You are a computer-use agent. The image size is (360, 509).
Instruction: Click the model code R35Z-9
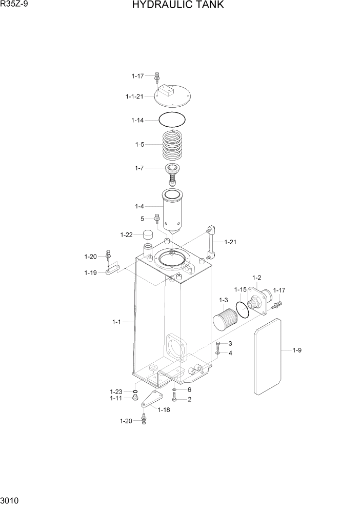tap(13, 5)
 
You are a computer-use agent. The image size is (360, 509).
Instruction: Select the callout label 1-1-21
tap(134, 96)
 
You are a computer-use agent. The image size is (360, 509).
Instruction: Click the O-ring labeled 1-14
tap(172, 120)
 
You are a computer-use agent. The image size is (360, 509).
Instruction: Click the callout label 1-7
tap(139, 168)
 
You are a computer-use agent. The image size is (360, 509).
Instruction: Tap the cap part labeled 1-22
tap(149, 235)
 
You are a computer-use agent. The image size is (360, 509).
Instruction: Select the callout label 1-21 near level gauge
tap(230, 242)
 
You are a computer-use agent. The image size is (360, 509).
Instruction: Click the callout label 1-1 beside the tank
tap(116, 322)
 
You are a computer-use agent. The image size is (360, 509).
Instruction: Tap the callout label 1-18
tap(164, 409)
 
